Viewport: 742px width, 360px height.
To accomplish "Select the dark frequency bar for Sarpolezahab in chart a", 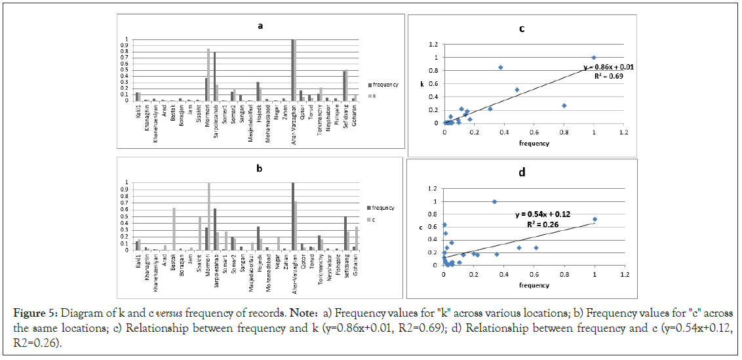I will (x=214, y=77).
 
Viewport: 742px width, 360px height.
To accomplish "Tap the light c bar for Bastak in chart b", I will (x=174, y=229).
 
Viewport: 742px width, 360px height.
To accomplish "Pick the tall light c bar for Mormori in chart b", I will (x=209, y=216).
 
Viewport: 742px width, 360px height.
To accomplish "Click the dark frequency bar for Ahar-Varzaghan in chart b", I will (x=293, y=216).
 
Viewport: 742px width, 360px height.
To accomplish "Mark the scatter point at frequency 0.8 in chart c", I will (x=564, y=106).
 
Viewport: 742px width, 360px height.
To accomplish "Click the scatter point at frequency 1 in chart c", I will (x=594, y=58).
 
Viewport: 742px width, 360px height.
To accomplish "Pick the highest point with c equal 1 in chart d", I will (x=494, y=201).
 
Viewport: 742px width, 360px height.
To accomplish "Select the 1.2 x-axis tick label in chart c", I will (x=623, y=132).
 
